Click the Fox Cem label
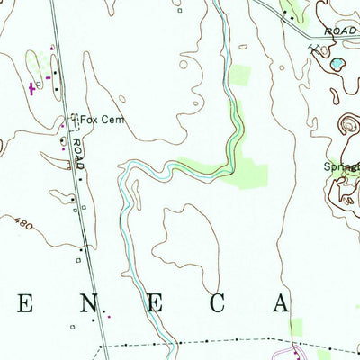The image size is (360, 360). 101,119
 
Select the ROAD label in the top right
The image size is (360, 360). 344,30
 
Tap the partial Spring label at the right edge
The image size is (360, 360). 342,167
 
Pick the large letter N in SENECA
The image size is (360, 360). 87,303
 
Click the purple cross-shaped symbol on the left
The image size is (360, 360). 33,87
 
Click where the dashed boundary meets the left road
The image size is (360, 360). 98,345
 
